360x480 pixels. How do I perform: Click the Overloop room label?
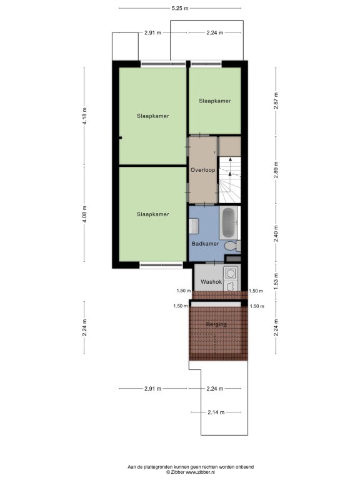(202, 170)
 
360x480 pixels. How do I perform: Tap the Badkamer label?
(205, 244)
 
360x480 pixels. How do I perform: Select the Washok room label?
(211, 282)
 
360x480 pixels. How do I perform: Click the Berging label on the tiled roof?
(216, 324)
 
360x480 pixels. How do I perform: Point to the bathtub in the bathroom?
(229, 222)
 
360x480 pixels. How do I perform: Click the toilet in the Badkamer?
(232, 246)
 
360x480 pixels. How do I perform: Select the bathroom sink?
(194, 226)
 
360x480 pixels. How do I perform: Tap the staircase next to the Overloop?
(230, 180)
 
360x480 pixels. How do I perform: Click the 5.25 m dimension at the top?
(180, 8)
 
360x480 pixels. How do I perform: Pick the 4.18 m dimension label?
(85, 116)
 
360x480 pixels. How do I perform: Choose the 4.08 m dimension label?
(85, 214)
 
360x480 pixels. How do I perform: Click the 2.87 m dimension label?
(276, 101)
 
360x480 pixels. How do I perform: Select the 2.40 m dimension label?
(276, 234)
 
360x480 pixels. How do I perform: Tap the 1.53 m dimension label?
(276, 282)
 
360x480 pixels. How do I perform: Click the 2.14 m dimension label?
(216, 412)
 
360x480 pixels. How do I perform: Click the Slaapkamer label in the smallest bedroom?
(215, 101)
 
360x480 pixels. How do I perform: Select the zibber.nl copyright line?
(191, 472)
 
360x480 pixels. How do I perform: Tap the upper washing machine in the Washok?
(230, 272)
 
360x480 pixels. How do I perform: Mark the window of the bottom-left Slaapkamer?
(161, 264)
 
